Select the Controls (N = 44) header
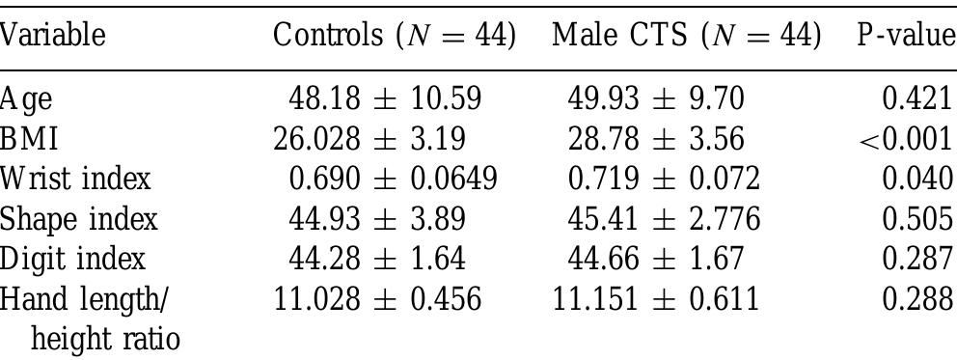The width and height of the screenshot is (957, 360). point(395,37)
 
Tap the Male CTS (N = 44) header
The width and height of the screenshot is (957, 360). point(686,37)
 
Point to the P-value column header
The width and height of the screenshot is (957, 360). point(905,37)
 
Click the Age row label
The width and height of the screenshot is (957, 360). point(26,100)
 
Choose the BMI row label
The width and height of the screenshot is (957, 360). point(29,140)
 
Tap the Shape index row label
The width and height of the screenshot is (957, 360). point(78,219)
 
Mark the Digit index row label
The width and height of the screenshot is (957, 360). point(73,259)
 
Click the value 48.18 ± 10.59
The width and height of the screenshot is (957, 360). point(385,100)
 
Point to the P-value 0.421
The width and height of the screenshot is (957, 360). point(917,100)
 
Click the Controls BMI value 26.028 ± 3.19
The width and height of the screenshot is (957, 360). point(370,140)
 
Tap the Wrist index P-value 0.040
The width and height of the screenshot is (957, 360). point(917,180)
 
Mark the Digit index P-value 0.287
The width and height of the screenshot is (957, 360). point(917,259)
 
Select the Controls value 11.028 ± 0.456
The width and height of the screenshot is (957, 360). point(377,298)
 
